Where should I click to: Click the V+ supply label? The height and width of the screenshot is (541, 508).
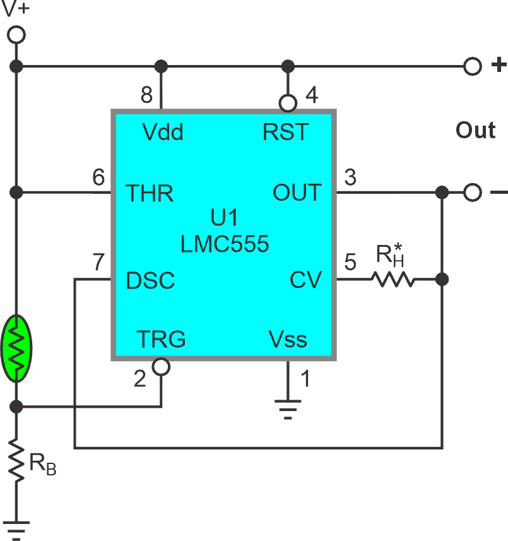coord(17,11)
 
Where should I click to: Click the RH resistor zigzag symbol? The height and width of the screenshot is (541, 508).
coord(393,279)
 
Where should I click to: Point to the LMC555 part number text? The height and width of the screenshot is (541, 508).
coord(225,244)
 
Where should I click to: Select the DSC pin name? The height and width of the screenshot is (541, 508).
coord(150,280)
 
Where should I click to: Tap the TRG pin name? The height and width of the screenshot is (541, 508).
coord(161,339)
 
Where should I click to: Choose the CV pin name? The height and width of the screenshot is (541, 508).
coord(305,280)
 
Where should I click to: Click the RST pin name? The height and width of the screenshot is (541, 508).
coord(286,133)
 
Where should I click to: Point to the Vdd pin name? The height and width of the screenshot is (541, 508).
coord(162,133)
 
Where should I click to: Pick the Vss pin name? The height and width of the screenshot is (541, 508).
coord(288,339)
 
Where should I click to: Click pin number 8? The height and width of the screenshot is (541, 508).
coord(146,95)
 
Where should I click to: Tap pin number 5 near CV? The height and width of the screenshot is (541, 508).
coord(351,261)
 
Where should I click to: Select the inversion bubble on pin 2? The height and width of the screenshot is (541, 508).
coord(162,367)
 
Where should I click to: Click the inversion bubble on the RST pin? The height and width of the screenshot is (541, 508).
coord(288,102)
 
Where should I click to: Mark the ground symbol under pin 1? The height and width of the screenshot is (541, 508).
coord(288,408)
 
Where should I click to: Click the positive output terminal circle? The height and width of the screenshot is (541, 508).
coord(472,66)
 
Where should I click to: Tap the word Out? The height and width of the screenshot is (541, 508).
coord(475,131)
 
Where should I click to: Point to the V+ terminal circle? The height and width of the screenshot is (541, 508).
coord(17,35)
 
